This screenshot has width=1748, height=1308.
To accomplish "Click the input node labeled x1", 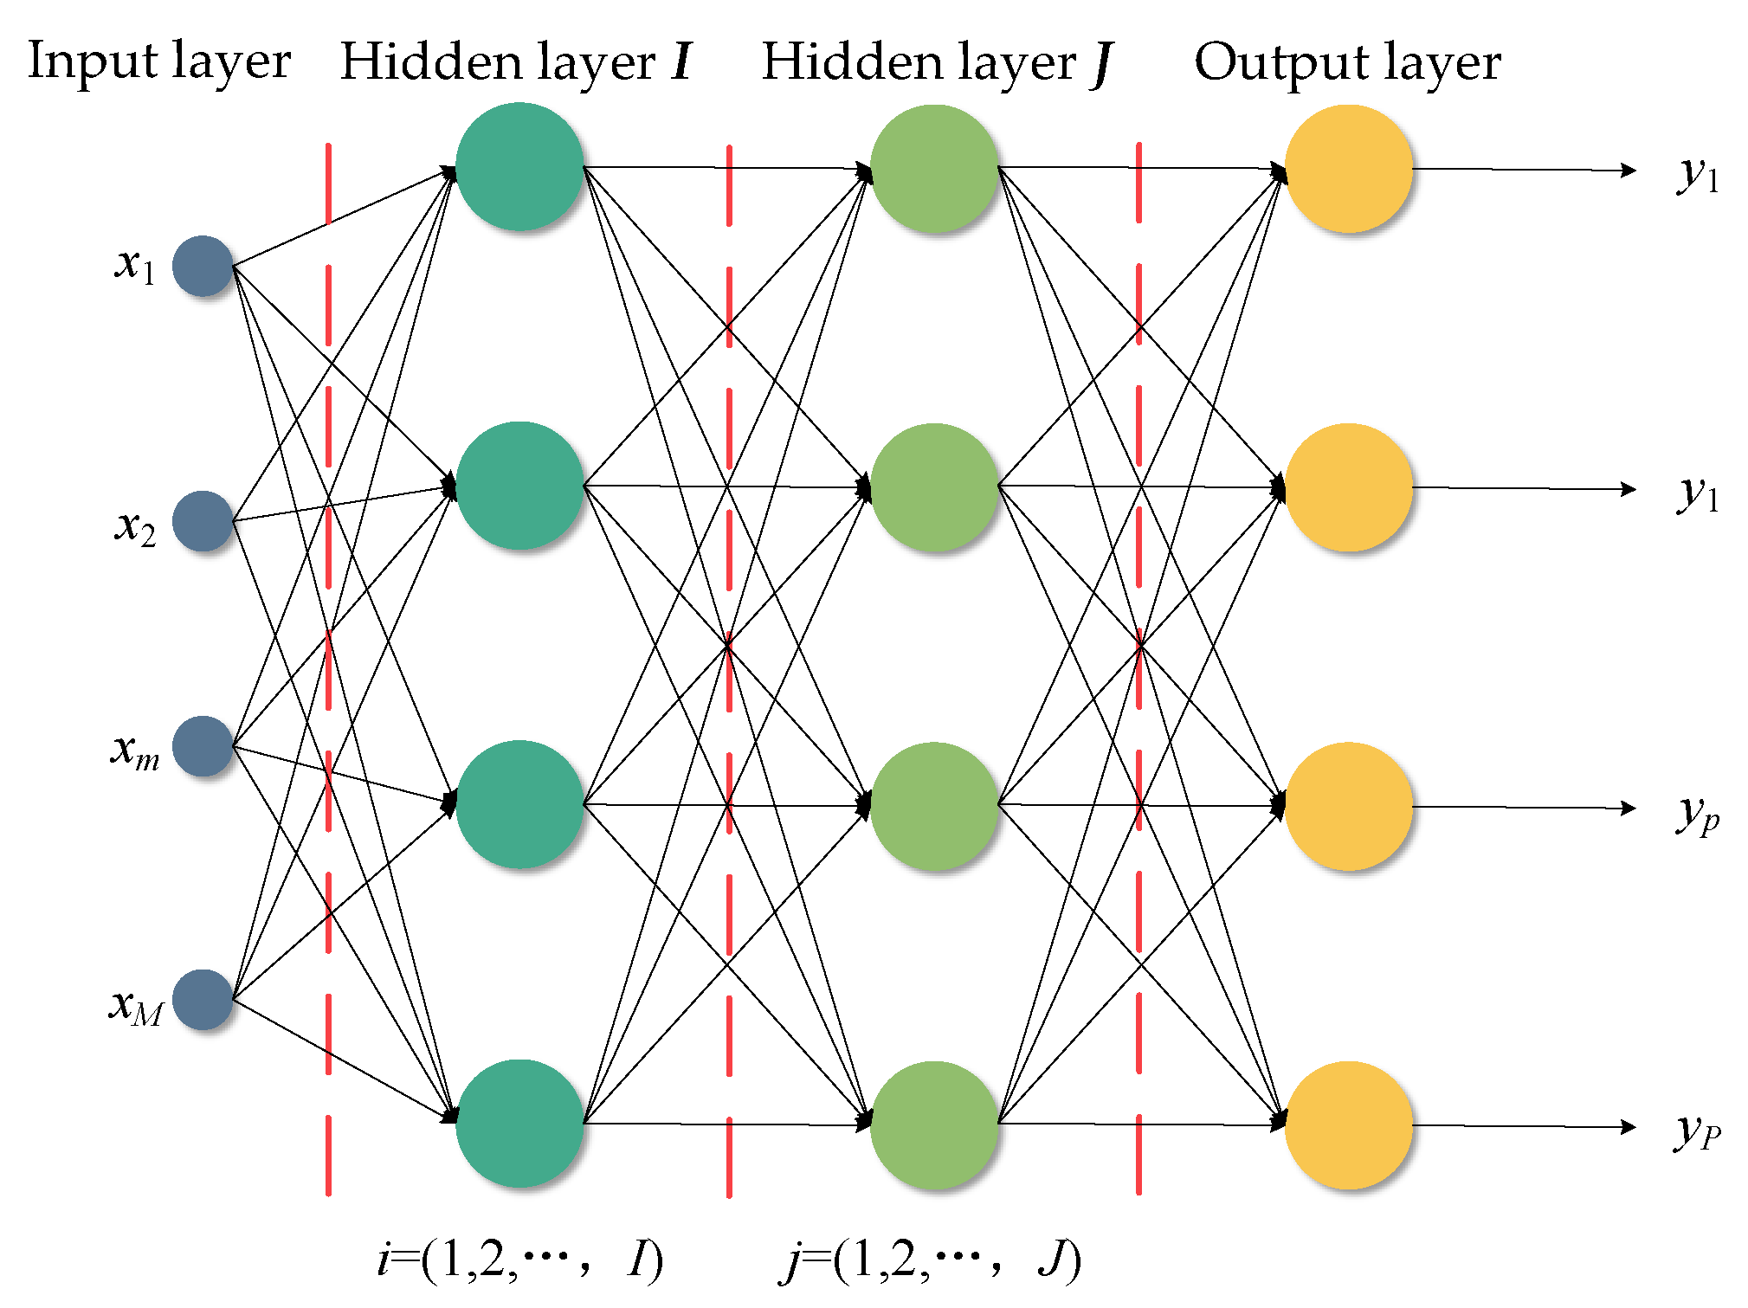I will tap(203, 266).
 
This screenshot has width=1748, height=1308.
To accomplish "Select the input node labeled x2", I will tap(203, 521).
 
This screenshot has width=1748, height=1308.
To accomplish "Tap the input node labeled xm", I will tap(203, 746).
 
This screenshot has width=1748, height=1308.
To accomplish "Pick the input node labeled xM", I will tap(203, 1000).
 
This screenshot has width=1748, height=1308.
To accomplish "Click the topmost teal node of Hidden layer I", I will tap(519, 166).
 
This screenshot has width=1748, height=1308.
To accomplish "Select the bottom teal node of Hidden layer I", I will tap(519, 1124).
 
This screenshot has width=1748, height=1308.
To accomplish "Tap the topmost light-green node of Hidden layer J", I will tap(933, 169).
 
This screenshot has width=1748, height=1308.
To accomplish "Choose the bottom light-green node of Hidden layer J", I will tap(933, 1125).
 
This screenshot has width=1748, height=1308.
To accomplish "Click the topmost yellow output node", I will tap(1348, 169).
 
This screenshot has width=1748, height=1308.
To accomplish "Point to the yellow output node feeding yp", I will tap(1348, 806).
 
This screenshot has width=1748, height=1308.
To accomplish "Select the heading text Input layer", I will tap(159, 62).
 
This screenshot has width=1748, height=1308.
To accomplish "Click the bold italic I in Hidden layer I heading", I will tap(682, 62).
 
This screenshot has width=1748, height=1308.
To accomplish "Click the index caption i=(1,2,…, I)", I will tap(519, 1260).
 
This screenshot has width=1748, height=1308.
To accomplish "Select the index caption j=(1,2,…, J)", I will tap(931, 1260).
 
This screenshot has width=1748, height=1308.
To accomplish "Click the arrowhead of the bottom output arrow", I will tap(1628, 1127).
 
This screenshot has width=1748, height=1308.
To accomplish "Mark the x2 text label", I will tap(135, 525).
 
